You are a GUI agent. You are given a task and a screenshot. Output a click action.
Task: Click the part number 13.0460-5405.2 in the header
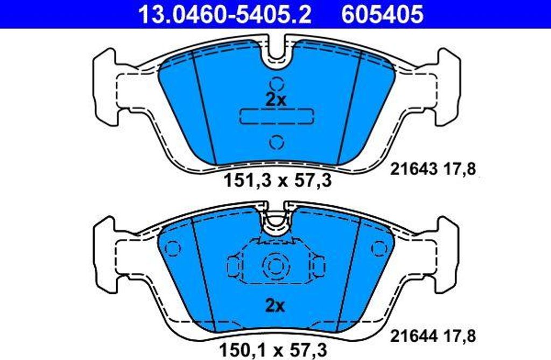(224, 15)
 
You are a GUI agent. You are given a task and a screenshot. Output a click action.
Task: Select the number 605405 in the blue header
(382, 15)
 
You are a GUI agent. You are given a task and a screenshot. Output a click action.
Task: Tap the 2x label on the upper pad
(277, 99)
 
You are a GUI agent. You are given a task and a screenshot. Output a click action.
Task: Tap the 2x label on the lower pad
(275, 306)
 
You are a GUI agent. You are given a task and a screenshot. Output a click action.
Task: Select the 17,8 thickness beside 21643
(462, 170)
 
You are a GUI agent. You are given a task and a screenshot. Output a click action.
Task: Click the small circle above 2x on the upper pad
(277, 84)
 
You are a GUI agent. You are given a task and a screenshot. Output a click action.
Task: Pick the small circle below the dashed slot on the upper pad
(277, 142)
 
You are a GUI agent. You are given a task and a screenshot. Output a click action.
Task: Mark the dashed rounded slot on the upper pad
(277, 115)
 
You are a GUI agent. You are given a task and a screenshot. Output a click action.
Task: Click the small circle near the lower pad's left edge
(172, 248)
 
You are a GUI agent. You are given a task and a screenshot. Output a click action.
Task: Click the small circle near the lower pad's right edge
(380, 247)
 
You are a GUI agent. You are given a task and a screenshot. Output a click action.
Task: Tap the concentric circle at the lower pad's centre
(275, 264)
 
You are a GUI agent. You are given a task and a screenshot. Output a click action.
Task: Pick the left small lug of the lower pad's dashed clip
(233, 265)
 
